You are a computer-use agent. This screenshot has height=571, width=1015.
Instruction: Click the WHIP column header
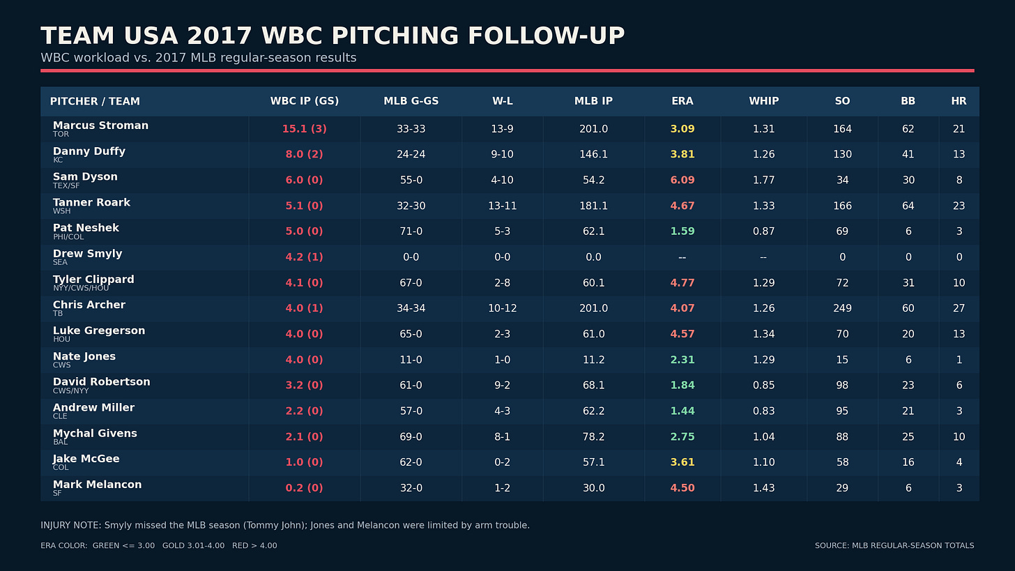coord(763,101)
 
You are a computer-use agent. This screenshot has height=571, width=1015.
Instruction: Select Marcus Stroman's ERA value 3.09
coord(682,129)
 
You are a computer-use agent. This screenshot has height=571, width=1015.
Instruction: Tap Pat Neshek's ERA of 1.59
coord(682,231)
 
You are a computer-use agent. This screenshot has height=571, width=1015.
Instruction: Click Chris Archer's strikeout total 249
coord(842,308)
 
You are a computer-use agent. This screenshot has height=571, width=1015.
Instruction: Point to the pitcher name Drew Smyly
coord(87,253)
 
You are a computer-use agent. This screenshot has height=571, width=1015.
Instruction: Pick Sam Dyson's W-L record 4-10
coord(502,180)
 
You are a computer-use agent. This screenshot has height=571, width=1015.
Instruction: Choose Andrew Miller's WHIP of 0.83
coord(763,411)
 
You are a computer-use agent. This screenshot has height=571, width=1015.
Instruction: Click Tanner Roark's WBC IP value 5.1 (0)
coord(304,206)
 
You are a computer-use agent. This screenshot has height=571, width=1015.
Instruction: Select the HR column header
coord(959,101)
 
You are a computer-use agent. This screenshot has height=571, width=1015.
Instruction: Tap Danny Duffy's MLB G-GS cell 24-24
coord(411,154)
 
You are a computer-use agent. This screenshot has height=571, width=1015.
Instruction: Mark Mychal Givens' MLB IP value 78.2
coord(593,436)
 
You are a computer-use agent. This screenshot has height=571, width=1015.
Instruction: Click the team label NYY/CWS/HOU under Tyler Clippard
coord(81,288)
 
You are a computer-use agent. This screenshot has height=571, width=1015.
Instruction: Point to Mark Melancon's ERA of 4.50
coord(682,488)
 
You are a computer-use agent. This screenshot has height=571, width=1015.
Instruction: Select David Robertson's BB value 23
coord(908,385)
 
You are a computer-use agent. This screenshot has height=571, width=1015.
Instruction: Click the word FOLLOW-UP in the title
coord(546,36)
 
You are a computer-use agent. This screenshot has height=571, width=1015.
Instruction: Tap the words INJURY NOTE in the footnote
coord(70,525)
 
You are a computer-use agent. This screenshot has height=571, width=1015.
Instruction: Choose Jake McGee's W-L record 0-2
coord(502,462)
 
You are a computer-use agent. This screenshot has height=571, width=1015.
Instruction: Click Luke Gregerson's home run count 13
coord(959,334)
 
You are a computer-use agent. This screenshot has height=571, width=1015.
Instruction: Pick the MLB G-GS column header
coord(411,101)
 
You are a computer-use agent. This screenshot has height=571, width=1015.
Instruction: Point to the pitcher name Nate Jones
coord(84,356)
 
